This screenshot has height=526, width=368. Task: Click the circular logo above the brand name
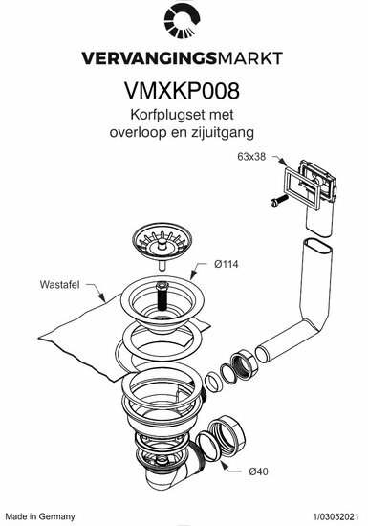[x=182, y=23]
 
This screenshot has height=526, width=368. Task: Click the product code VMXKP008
[x=183, y=91]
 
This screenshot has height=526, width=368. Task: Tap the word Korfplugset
[x=163, y=115]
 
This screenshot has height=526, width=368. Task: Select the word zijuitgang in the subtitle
[x=223, y=133]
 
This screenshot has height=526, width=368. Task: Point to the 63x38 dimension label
[x=251, y=157]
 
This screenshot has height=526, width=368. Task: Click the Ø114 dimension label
[x=227, y=264]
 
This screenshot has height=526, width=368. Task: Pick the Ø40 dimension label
[x=258, y=471]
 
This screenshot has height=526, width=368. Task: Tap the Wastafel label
[x=59, y=284]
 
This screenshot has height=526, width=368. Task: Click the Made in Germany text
[x=40, y=516]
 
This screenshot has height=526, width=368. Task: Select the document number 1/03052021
[x=336, y=516]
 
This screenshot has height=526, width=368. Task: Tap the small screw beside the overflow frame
[x=279, y=200]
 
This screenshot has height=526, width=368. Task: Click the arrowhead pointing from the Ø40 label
[x=223, y=464]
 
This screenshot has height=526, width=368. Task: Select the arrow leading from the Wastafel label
[x=96, y=292]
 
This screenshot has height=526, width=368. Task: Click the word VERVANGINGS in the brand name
[x=149, y=58]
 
